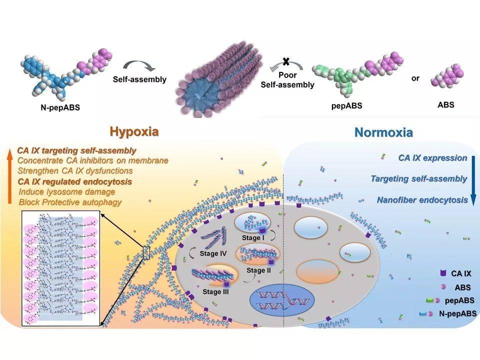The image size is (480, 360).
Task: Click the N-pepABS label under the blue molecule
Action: pos(60,107)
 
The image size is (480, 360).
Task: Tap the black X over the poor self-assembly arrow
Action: pos(286,61)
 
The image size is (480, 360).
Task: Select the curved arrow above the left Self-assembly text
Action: pos(139,65)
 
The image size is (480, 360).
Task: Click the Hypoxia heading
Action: pos(134,131)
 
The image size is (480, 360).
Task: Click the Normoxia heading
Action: pos(383,132)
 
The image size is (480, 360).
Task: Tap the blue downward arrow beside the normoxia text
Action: pos(473,180)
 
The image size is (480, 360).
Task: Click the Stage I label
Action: pos(253,237)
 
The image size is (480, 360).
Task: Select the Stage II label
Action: pos(258,270)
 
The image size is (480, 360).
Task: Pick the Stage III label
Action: pos(215,291)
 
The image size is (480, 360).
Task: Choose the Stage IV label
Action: pos(213,253)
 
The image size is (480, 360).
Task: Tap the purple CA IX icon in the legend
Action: pos(442,273)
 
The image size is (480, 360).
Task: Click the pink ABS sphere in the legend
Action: pos(442,287)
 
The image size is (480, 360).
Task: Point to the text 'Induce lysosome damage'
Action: pos(66,192)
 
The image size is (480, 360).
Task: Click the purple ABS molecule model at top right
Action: pos(447,75)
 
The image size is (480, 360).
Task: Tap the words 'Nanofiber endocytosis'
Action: pos(422,200)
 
